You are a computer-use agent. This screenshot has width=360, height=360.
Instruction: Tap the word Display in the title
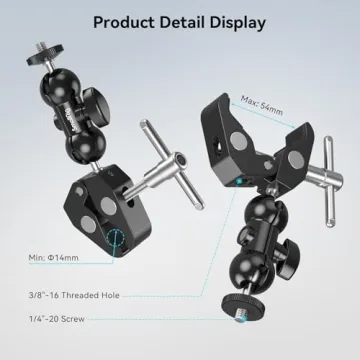236,21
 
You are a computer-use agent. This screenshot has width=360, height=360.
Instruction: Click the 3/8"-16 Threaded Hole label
73,294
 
